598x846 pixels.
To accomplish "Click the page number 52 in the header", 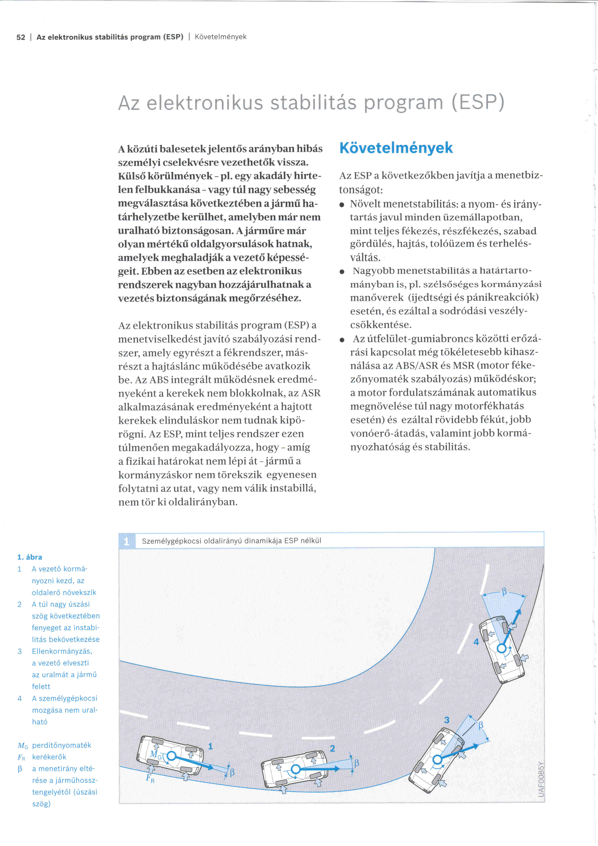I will pos(21,37).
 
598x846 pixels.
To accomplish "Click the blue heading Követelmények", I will pos(396,148).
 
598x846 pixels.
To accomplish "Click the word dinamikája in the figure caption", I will pos(263,541).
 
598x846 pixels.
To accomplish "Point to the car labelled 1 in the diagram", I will pos(170,756).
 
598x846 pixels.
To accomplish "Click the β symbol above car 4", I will pos(504,592).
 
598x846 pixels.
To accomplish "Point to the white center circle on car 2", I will pos(295,769).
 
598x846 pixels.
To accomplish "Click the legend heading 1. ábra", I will pos(29,557).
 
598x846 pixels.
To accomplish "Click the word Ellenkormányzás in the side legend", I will pos(62,651).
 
